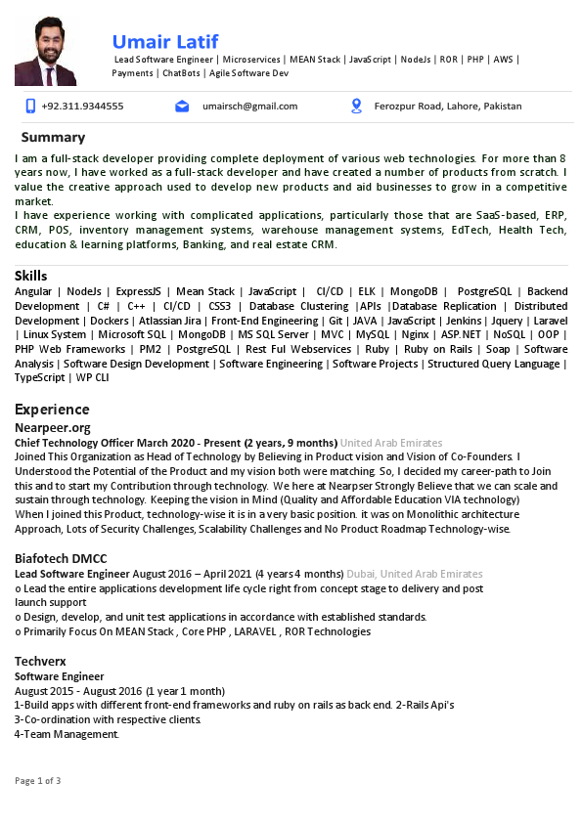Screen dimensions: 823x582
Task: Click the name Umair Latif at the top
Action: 165,41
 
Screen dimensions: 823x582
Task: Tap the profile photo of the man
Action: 45,51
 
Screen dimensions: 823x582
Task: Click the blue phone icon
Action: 30,106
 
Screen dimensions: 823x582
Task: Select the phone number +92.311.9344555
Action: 83,106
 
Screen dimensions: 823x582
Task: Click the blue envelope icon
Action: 182,106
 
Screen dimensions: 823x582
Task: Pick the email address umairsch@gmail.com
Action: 244,106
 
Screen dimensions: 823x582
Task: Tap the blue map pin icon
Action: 356,106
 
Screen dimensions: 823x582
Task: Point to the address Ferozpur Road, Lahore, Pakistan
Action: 448,106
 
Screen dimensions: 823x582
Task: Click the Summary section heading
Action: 53,137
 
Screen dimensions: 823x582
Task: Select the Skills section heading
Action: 31,276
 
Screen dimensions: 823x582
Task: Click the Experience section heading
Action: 52,409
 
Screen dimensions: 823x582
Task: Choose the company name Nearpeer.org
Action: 53,427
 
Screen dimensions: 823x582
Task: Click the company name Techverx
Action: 39,662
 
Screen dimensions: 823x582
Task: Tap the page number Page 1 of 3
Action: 38,780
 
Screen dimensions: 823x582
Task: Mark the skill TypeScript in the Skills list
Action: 40,377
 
